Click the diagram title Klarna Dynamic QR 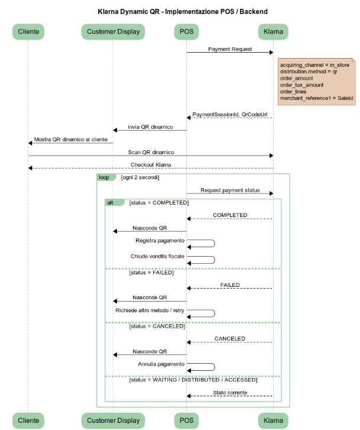pyautogui.click(x=129, y=12)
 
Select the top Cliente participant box pyautogui.click(x=28, y=31)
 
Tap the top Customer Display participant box pyautogui.click(x=113, y=31)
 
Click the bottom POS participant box pyautogui.click(x=186, y=421)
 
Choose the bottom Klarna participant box pyautogui.click(x=273, y=421)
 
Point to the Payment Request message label pyautogui.click(x=230, y=49)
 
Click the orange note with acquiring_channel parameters pyautogui.click(x=317, y=82)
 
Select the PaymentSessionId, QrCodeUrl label pyautogui.click(x=230, y=114)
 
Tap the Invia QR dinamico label pyautogui.click(x=150, y=127)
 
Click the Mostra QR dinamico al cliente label pyautogui.click(x=71, y=140)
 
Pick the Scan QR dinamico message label pyautogui.click(x=151, y=152)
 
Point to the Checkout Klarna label pyautogui.click(x=151, y=165)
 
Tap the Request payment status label pyautogui.click(x=230, y=190)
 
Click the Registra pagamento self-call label pyautogui.click(x=160, y=241)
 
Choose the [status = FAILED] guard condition pyautogui.click(x=151, y=272)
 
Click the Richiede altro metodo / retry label pyautogui.click(x=150, y=311)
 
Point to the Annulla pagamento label pyautogui.click(x=161, y=364)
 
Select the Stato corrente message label pyautogui.click(x=230, y=393)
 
